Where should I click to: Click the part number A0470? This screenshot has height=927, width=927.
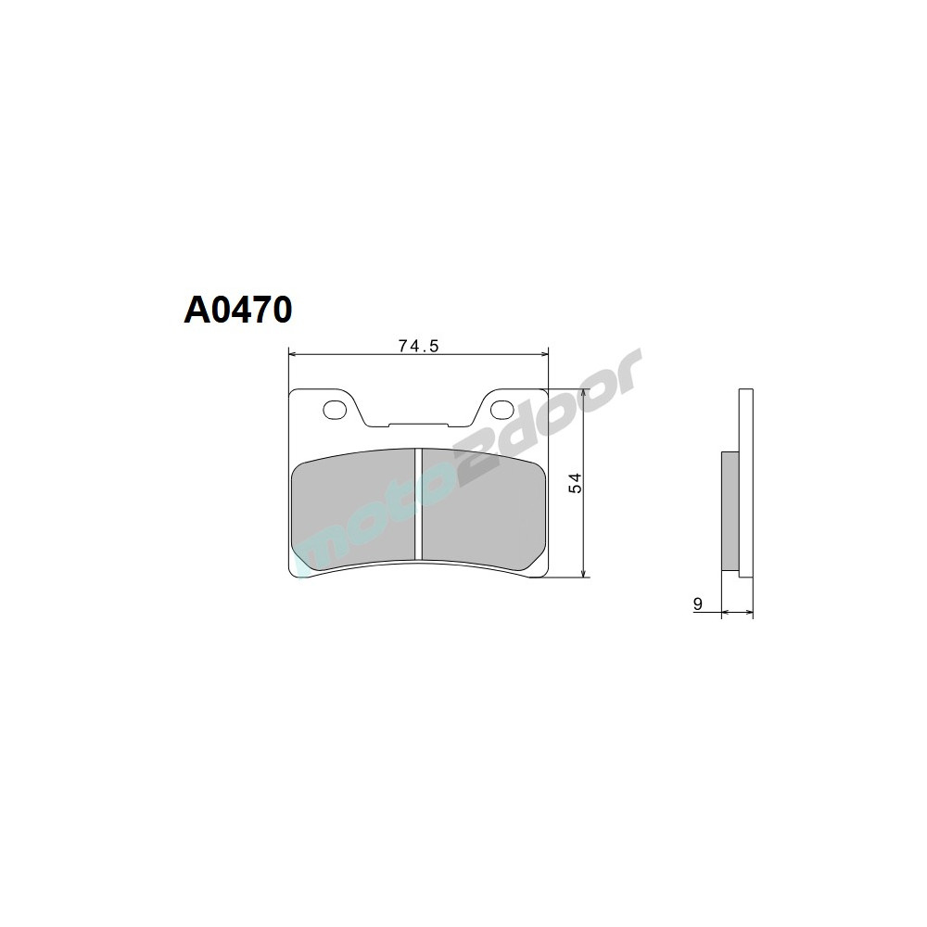coord(238,311)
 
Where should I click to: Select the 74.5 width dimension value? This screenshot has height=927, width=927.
coord(417,346)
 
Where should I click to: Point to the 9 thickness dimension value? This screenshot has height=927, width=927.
coord(697,604)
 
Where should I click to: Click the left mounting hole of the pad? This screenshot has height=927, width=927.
coord(332,408)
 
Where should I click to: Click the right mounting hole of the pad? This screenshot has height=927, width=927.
coord(502,408)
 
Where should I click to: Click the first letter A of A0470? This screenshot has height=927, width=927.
coord(198,311)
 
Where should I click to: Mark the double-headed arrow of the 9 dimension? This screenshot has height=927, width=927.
coord(737,612)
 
